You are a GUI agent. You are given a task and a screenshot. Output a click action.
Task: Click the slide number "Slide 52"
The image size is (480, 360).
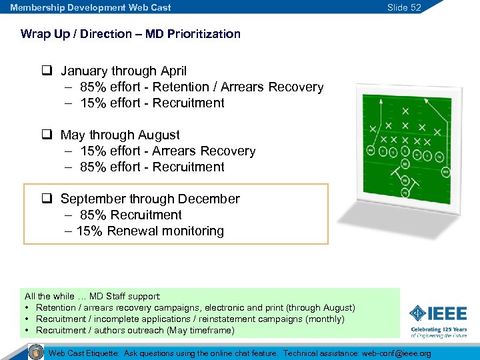click(x=404, y=7)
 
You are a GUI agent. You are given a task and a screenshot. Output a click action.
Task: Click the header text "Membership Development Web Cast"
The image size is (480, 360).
click(x=90, y=7)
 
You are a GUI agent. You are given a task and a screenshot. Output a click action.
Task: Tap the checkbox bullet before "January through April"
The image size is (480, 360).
click(x=47, y=71)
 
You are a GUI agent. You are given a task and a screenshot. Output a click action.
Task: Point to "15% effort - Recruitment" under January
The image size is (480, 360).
click(x=152, y=103)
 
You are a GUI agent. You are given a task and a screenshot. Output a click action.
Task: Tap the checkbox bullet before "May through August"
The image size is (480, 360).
click(x=47, y=135)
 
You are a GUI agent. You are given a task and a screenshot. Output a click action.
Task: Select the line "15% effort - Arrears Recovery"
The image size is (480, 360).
click(x=167, y=151)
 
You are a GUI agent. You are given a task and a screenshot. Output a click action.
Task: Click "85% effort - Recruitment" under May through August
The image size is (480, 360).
click(x=152, y=167)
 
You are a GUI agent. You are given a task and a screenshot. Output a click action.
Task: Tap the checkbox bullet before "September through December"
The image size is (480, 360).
click(x=47, y=199)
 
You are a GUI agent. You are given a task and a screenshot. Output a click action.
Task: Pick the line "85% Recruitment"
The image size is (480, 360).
click(x=131, y=215)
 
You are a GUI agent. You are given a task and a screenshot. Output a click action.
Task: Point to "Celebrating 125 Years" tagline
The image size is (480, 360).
click(x=438, y=329)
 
